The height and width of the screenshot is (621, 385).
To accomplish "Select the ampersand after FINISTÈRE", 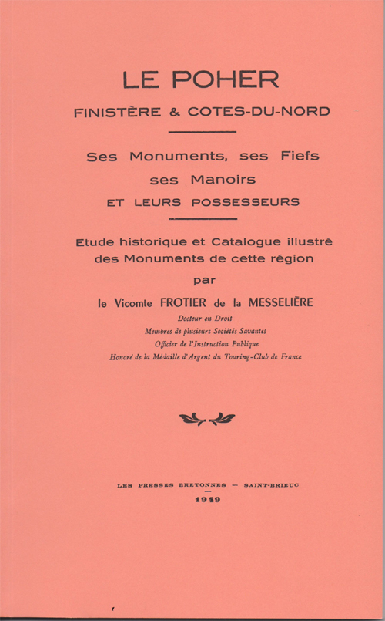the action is tap(173, 112).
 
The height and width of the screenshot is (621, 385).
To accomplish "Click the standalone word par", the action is tap(201, 278).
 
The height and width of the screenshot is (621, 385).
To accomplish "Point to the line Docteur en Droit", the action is tap(201, 318).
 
